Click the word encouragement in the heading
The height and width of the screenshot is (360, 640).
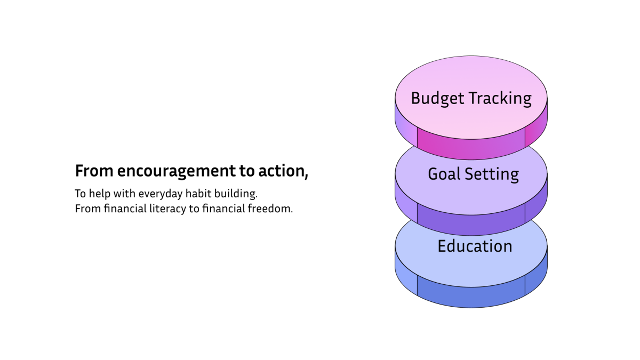[x=177, y=171]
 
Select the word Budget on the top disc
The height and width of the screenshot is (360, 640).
[x=438, y=99]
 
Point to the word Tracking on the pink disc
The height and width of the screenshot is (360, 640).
[x=500, y=99]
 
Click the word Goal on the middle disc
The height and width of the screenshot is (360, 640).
[x=444, y=174]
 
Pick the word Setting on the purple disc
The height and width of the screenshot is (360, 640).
[x=492, y=175]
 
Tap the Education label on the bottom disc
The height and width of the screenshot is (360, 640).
[x=475, y=246]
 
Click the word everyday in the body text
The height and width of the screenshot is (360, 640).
[x=161, y=194]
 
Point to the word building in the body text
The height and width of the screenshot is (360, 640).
[x=236, y=194]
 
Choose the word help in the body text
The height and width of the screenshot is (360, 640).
[x=100, y=194]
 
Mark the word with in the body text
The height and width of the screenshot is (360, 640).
[x=124, y=194]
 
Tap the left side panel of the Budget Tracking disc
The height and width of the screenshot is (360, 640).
[x=406, y=126]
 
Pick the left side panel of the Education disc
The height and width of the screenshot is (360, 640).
[x=406, y=274]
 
